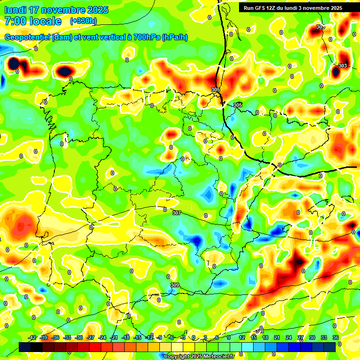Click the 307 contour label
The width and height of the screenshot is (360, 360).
[176, 213]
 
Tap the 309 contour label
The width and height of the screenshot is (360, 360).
[174, 285]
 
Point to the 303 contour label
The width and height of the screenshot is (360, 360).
[343, 66]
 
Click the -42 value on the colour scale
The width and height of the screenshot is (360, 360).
[32, 337]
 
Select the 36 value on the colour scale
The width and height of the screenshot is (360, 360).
[336, 337]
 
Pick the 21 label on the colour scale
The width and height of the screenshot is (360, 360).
[277, 337]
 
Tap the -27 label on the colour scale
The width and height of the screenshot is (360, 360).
[90, 337]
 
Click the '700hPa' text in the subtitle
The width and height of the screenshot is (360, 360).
[146, 37]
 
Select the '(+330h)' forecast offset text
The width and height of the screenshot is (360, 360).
[83, 21]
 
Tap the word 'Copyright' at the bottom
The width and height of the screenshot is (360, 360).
[177, 356]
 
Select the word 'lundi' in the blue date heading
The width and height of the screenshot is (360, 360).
[15, 10]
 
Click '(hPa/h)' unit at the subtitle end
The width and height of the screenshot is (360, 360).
[174, 37]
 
